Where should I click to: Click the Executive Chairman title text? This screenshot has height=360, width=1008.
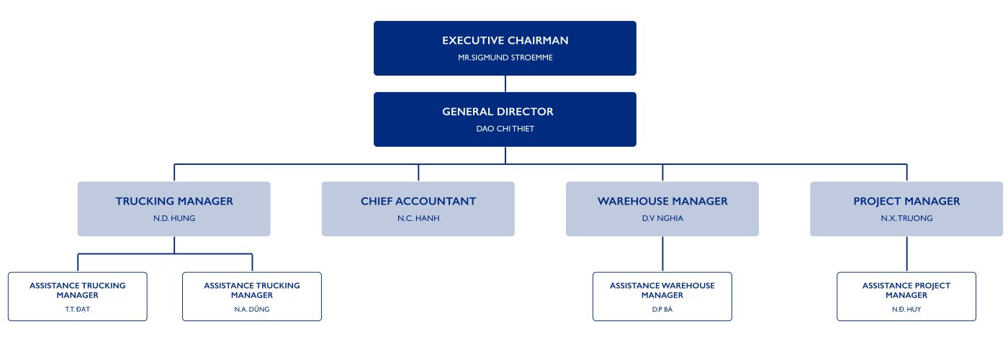(x=505, y=40)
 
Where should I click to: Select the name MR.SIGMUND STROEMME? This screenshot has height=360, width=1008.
(x=505, y=58)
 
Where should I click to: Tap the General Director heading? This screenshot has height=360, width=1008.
(x=498, y=112)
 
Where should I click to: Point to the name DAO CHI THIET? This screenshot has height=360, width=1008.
(x=505, y=129)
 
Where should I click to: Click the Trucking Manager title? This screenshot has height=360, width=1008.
(x=174, y=201)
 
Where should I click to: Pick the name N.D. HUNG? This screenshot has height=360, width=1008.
(x=174, y=218)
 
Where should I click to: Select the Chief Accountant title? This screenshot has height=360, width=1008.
(x=418, y=201)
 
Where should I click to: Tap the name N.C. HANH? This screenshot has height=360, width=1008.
(x=418, y=218)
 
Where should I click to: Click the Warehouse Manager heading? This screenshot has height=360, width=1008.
(x=662, y=201)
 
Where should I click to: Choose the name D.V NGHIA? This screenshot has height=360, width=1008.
(x=662, y=218)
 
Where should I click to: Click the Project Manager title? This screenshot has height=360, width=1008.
(x=906, y=201)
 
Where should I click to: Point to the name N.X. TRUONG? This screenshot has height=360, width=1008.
(x=906, y=218)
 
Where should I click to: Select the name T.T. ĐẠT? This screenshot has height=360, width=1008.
(x=78, y=309)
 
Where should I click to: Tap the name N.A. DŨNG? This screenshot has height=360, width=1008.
(x=252, y=309)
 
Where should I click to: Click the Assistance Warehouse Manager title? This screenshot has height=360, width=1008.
(x=662, y=290)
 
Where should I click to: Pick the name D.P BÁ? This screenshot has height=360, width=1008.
(x=662, y=309)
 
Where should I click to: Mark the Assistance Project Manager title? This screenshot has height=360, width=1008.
(x=906, y=290)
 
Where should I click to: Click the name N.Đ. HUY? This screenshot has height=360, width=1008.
(x=906, y=309)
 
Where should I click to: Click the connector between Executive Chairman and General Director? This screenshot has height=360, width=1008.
(x=505, y=84)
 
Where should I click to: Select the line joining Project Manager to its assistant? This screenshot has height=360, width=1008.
(x=906, y=254)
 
